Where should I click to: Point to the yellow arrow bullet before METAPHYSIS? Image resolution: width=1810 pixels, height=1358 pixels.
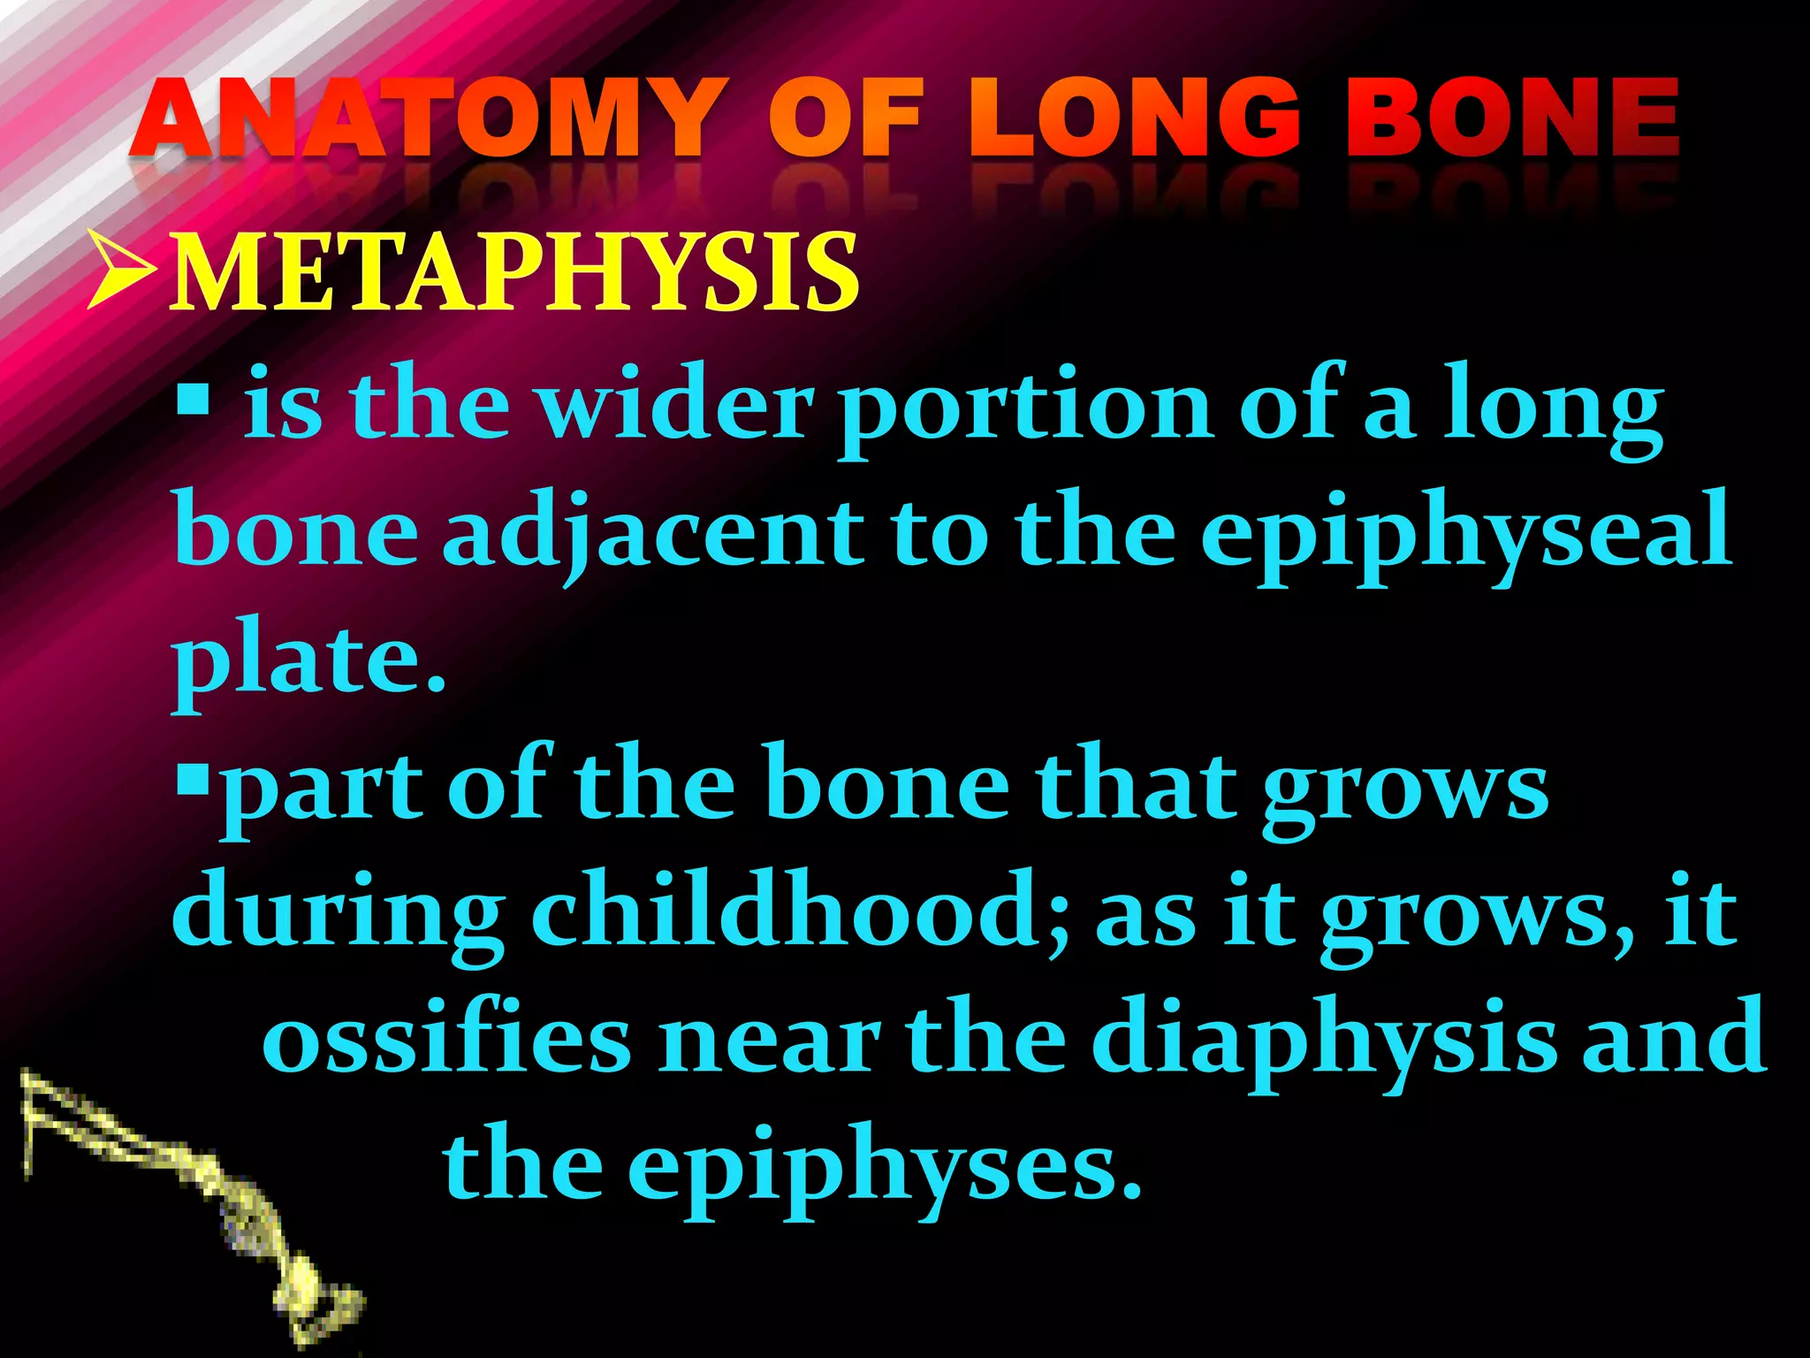tap(123, 273)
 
